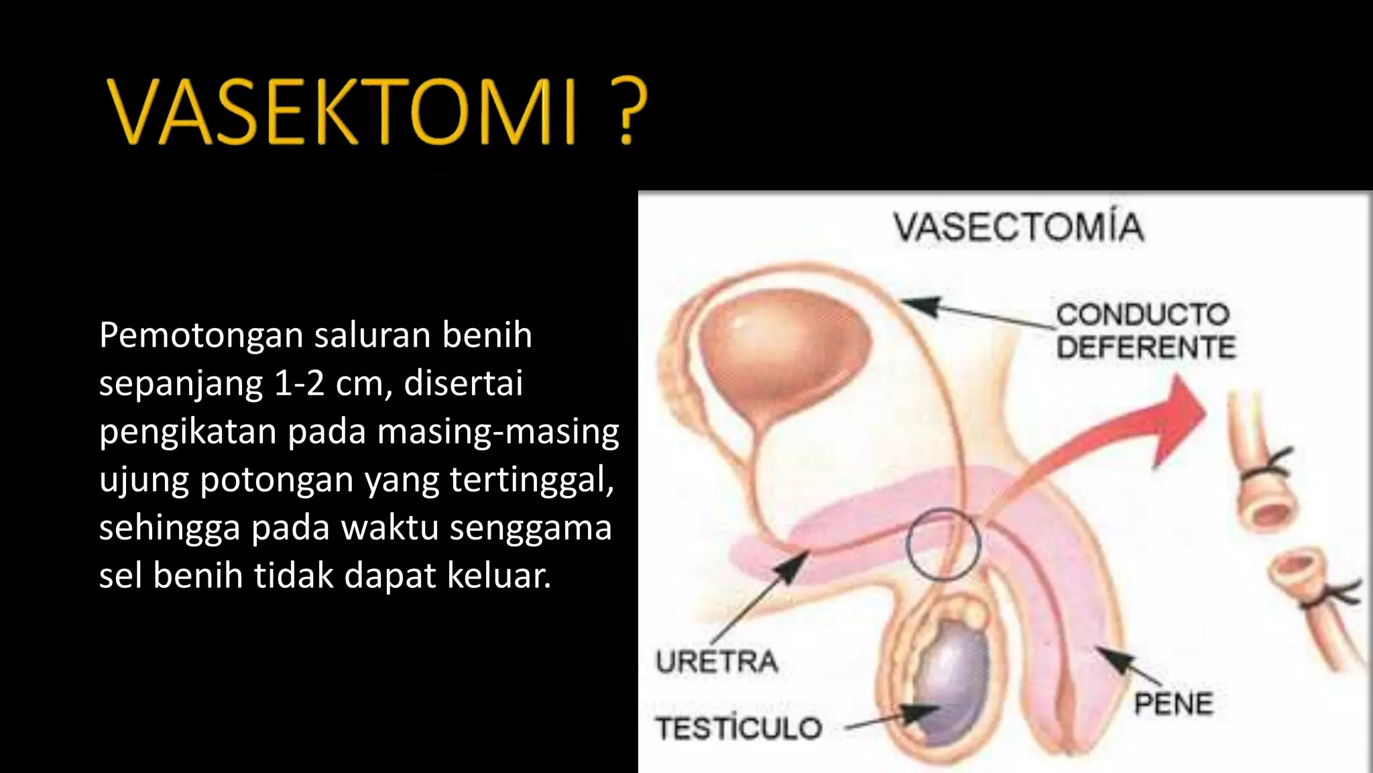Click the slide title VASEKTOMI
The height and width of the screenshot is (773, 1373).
tap(342, 111)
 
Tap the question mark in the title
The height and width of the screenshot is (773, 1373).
tap(623, 111)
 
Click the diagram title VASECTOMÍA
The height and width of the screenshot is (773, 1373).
tap(1018, 227)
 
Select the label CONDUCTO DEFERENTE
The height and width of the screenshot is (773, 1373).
tap(1145, 331)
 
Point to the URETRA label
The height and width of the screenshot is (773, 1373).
tap(717, 662)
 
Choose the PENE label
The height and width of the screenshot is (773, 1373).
tap(1173, 703)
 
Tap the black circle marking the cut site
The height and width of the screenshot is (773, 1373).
tap(943, 544)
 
